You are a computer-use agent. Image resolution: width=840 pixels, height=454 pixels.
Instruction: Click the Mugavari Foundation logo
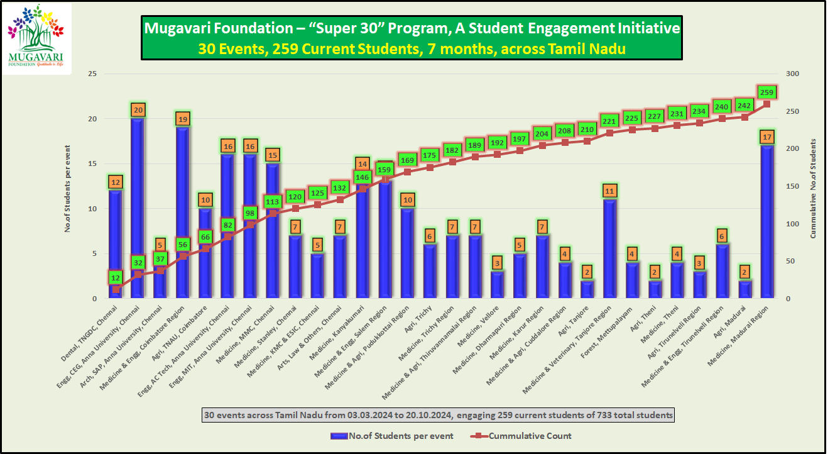pyautogui.click(x=37, y=37)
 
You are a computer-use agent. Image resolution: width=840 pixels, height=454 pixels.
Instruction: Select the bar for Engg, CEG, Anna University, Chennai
pyautogui.click(x=138, y=208)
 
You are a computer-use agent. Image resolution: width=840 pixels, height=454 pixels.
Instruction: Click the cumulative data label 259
pyautogui.click(x=766, y=92)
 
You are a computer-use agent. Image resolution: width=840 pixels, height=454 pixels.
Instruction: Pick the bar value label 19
pyautogui.click(x=183, y=119)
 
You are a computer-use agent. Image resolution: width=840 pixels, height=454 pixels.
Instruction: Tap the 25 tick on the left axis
pyautogui.click(x=92, y=74)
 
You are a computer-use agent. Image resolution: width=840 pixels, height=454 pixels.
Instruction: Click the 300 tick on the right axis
pyautogui.click(x=793, y=74)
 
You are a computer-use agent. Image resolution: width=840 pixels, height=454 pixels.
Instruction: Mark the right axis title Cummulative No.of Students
pyautogui.click(x=814, y=186)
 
